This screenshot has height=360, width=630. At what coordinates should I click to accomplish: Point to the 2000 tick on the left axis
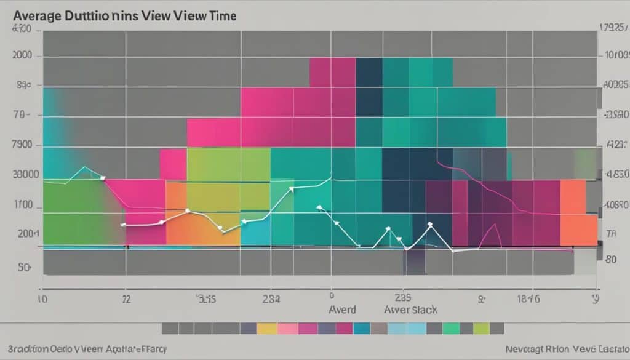pyautogui.click(x=22, y=55)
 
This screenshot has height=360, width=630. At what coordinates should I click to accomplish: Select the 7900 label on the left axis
pyautogui.click(x=22, y=146)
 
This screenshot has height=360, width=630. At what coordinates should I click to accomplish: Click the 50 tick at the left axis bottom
pyautogui.click(x=25, y=268)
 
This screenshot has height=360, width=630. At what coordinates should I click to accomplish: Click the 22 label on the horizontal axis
pyautogui.click(x=126, y=300)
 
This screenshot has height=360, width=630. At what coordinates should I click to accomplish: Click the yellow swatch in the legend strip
pyautogui.click(x=266, y=329)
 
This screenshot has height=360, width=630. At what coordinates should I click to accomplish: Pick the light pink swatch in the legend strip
pyautogui.click(x=287, y=329)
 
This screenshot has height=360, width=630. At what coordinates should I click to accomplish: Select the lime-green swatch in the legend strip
pyautogui.click(x=481, y=329)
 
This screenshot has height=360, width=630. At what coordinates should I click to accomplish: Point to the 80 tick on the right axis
pyautogui.click(x=610, y=259)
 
